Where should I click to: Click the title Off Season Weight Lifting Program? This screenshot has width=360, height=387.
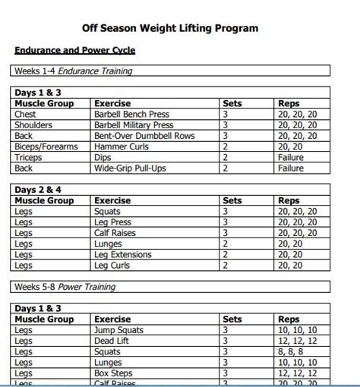pyautogui.click(x=170, y=28)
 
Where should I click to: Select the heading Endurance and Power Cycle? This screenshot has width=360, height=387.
pyautogui.click(x=74, y=50)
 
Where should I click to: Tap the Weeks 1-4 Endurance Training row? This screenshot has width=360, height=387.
pyautogui.click(x=73, y=71)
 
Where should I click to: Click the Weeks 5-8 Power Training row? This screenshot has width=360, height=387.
pyautogui.click(x=65, y=287)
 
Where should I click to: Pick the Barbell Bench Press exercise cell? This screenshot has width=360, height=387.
pyautogui.click(x=132, y=115)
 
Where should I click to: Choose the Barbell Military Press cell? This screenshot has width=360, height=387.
pyautogui.click(x=134, y=125)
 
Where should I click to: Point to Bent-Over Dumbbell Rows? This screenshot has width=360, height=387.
pyautogui.click(x=144, y=136)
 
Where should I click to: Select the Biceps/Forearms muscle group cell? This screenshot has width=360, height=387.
pyautogui.click(x=46, y=146)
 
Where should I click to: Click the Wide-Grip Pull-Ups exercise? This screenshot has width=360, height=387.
pyautogui.click(x=130, y=168)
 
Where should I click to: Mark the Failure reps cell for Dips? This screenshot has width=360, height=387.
pyautogui.click(x=291, y=157)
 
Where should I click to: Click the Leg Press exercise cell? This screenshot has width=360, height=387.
pyautogui.click(x=112, y=222)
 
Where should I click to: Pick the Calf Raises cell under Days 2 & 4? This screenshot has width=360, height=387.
pyautogui.click(x=115, y=233)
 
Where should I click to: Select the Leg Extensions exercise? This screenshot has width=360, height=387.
pyautogui.click(x=122, y=254)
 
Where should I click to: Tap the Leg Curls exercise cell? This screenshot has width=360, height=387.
pyautogui.click(x=112, y=266)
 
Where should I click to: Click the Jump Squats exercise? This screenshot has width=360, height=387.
pyautogui.click(x=119, y=330)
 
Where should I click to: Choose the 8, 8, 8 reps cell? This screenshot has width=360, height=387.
pyautogui.click(x=289, y=351)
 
